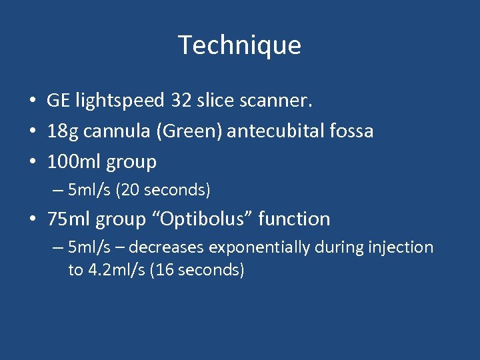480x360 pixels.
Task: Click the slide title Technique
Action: coord(240,45)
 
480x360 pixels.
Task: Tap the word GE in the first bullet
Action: coord(59,101)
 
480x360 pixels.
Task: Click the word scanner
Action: coord(275,101)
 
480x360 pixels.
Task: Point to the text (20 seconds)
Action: coord(163,190)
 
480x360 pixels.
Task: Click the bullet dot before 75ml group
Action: coord(33,219)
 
